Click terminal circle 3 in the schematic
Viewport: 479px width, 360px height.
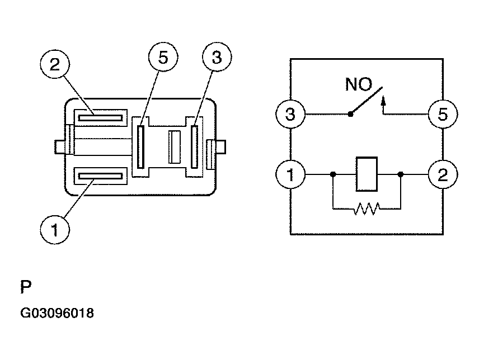(290, 115)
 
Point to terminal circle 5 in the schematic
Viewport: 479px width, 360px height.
(442, 115)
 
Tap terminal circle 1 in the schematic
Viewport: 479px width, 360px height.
(290, 174)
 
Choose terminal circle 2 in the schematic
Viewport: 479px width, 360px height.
(442, 174)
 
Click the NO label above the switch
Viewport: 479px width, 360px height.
(358, 85)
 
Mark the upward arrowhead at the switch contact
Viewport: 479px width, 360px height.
(383, 101)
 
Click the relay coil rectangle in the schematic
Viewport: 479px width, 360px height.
(367, 174)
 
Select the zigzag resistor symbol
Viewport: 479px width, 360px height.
(367, 209)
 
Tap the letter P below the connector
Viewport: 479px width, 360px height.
(26, 288)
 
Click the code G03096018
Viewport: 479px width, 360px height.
(57, 313)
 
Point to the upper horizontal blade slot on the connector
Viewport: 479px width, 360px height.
(100, 117)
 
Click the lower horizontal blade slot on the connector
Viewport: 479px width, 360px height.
(100, 177)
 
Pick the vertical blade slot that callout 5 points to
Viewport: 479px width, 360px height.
(140, 146)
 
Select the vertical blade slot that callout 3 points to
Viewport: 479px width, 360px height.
(195, 146)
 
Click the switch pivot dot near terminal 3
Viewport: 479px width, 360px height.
(350, 115)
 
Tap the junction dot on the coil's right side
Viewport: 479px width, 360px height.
(401, 174)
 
